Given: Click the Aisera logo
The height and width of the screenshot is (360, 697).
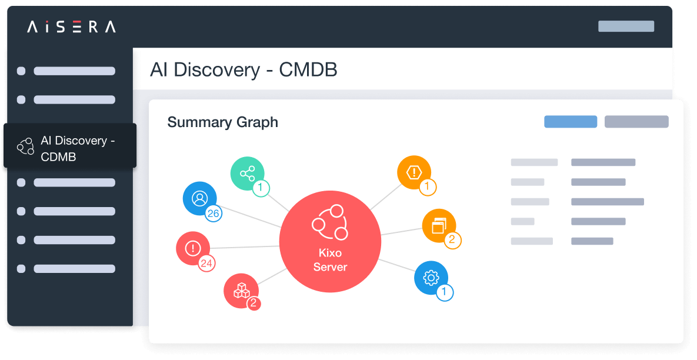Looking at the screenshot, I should click(x=71, y=26).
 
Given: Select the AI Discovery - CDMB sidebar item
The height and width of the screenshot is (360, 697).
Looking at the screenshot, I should click(x=70, y=149).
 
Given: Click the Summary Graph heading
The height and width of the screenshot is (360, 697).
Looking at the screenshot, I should click(x=222, y=122).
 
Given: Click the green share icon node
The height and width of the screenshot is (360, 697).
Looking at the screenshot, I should click(x=247, y=174).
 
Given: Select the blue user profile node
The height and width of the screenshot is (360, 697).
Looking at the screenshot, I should click(x=199, y=198).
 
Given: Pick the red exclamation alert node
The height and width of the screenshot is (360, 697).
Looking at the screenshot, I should click(x=193, y=248).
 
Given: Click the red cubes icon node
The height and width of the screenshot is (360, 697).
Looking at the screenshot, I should click(x=241, y=291).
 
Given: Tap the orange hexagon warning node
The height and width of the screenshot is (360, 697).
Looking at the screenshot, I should click(x=414, y=172).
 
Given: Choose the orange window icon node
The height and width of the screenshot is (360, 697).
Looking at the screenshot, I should click(x=439, y=225).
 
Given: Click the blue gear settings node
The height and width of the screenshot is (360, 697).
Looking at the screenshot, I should click(x=431, y=278).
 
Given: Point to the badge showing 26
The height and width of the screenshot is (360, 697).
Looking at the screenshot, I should click(x=213, y=214).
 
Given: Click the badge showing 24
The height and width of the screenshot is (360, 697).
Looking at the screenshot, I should click(x=206, y=264).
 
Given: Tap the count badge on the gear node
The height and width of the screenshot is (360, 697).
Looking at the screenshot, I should click(x=445, y=292).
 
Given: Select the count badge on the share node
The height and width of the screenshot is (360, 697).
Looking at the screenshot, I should click(x=261, y=188).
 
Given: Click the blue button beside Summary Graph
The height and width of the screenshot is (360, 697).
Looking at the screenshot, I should click(x=571, y=122).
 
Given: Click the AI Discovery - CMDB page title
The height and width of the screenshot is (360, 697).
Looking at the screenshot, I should click(x=244, y=70).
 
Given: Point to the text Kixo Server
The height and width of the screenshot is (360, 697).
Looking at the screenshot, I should click(x=330, y=260).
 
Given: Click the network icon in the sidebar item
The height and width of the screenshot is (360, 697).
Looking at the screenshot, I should click(x=25, y=146).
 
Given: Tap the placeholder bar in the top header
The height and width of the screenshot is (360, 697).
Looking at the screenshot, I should click(x=626, y=26).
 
